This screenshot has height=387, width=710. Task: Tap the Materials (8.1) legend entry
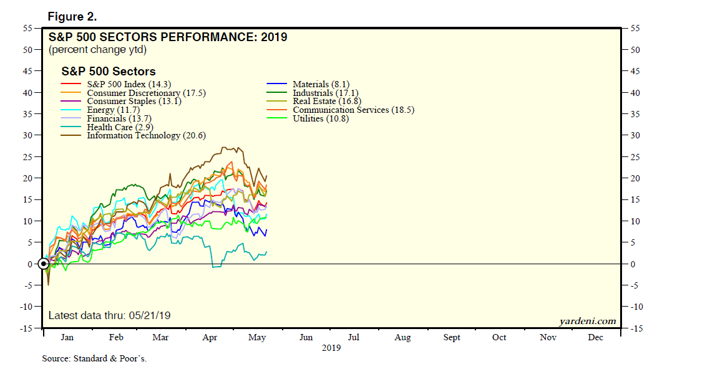[x=321, y=84]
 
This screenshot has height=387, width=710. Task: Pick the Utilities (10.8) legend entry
[x=321, y=118]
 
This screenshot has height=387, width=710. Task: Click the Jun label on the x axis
[x=306, y=337]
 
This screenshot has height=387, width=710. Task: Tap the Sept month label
[x=452, y=337]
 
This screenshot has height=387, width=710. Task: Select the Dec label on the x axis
[x=596, y=337]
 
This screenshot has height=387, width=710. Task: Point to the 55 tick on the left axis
[x=28, y=29]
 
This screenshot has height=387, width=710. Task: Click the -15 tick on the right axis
[x=637, y=328]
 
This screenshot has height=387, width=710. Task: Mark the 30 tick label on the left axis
[x=28, y=136]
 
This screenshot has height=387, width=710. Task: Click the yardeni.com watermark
[x=588, y=321]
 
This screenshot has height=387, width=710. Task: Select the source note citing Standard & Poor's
[x=94, y=358]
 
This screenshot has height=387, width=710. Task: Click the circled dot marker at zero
[x=44, y=264]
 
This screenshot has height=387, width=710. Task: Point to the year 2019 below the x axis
[x=331, y=348]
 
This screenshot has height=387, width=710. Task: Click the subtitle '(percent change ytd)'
[x=97, y=49]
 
